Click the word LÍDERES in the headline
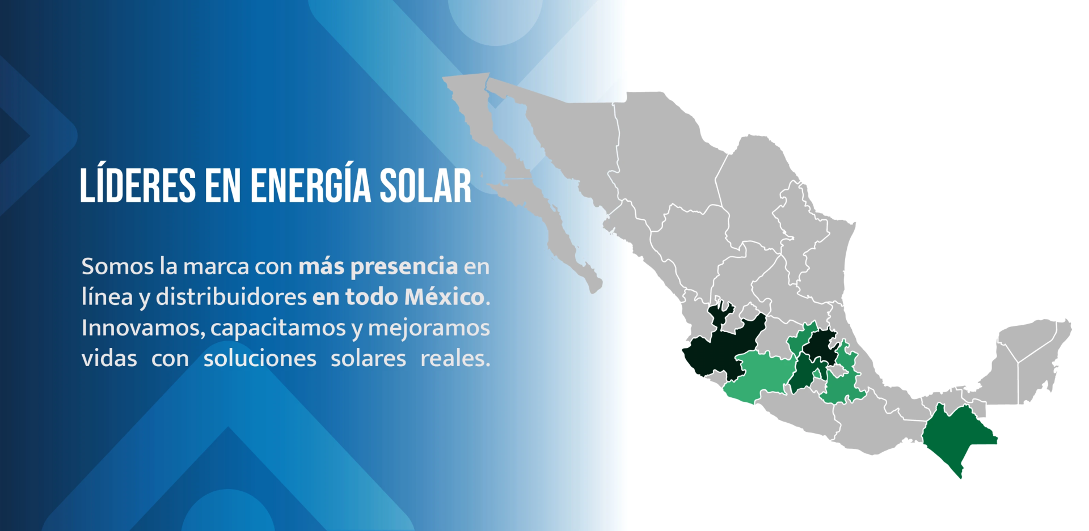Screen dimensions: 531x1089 click(138, 185)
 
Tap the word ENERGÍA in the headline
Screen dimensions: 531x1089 click(310, 185)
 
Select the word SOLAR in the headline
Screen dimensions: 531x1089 click(425, 185)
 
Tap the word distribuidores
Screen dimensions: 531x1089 click(231, 297)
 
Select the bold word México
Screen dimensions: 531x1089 click(444, 297)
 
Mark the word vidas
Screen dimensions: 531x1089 click(109, 359)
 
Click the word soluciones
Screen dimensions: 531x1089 click(260, 359)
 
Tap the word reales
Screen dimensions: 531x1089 click(455, 359)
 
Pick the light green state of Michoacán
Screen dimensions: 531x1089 click(757, 377)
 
